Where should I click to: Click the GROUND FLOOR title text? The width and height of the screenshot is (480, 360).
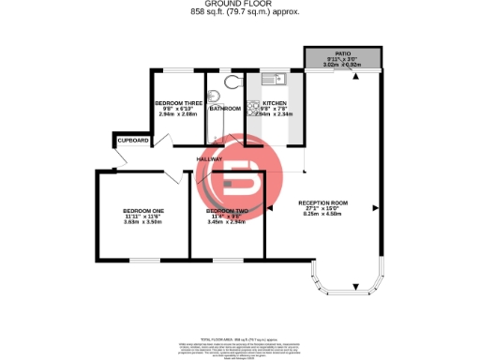coord(239,4)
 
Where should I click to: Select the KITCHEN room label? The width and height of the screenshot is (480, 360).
coord(274,103)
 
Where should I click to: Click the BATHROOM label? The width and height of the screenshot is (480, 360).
coord(225,109)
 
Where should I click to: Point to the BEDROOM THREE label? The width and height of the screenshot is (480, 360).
coord(178,103)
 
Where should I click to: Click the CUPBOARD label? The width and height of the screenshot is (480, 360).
coord(133,140)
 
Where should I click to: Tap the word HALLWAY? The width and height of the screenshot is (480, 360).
coord(209,159)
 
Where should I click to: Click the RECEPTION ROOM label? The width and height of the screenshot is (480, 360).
coord(323,202)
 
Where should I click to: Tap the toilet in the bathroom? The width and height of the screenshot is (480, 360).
coord(214,93)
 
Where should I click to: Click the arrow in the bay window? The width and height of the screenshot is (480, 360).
coord(354,285)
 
